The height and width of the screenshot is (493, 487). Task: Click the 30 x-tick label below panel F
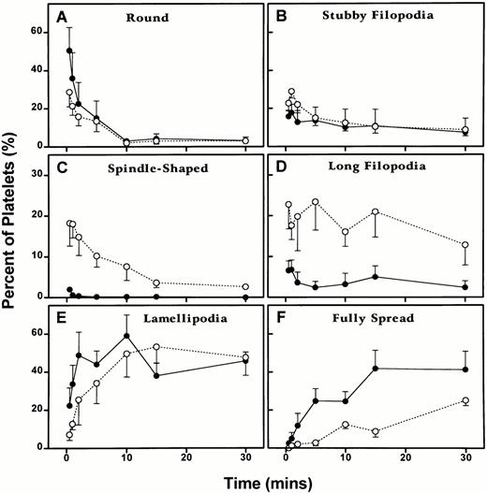click(x=465, y=459)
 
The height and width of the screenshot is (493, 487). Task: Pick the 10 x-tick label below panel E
click(x=125, y=459)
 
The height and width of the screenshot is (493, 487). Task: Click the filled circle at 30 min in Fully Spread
click(x=465, y=370)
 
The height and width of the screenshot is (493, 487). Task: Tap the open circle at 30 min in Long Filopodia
click(x=465, y=245)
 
